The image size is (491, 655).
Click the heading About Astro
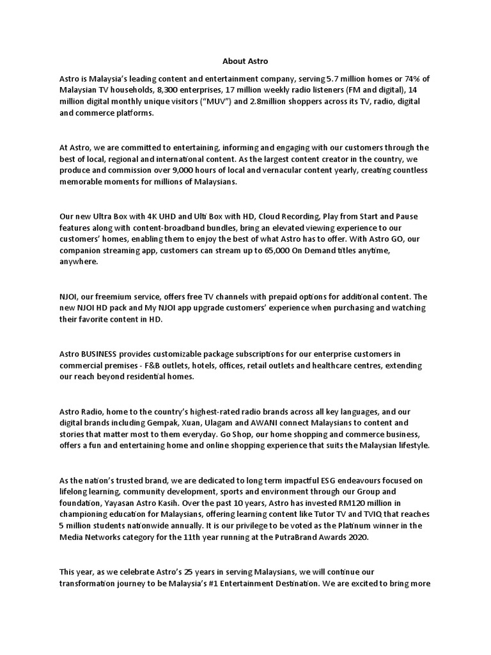coord(245,61)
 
